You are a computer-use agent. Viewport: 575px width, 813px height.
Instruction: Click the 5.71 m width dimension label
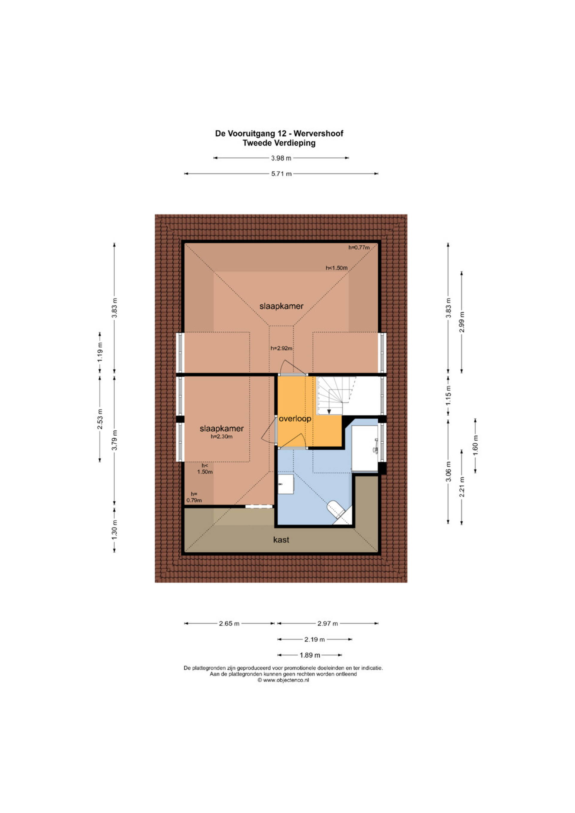coord(282,174)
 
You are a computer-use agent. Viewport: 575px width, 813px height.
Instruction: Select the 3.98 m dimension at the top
coord(281,158)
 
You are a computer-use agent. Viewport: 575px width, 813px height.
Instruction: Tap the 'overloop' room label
coord(295,418)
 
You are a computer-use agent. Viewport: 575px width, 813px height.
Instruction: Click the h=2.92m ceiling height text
coord(282,348)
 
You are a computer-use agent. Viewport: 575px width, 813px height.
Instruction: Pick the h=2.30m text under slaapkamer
coord(222,436)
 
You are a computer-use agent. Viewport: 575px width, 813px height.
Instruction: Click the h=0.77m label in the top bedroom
coord(359,247)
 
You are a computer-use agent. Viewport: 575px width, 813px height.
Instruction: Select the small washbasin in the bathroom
coord(285,484)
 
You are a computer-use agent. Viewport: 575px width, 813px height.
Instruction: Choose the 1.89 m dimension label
coord(310,655)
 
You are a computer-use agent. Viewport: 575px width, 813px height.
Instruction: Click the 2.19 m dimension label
coord(314,640)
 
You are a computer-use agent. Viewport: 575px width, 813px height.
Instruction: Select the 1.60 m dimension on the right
coord(475,445)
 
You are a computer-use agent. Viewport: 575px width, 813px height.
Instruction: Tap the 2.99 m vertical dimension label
coord(461,322)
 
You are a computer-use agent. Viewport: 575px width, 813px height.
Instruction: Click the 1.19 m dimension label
coord(100,353)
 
